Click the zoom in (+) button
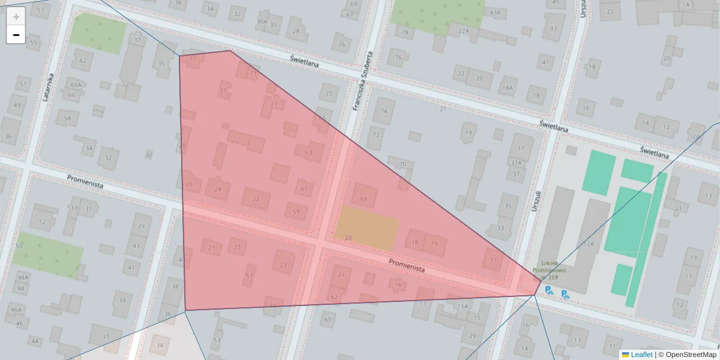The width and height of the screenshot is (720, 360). [x=16, y=16]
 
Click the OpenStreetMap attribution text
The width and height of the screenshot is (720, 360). [x=691, y=355]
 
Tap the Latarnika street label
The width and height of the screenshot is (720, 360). [x=50, y=88]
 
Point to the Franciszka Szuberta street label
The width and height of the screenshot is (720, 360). [x=363, y=80]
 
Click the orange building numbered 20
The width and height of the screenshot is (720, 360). [x=367, y=228]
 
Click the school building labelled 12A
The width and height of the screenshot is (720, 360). [x=589, y=244]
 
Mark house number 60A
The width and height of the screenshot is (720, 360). [x=76, y=85]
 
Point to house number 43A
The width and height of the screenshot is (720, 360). [x=494, y=12]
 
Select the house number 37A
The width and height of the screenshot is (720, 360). [x=516, y=163]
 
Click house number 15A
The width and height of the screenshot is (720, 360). [x=462, y=306]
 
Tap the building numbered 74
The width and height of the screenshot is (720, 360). [x=384, y=111]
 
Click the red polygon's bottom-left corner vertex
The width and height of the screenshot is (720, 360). [x=185, y=310]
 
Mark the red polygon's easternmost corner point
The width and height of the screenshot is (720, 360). [x=536, y=294]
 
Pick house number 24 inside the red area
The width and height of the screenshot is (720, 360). [x=217, y=189]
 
